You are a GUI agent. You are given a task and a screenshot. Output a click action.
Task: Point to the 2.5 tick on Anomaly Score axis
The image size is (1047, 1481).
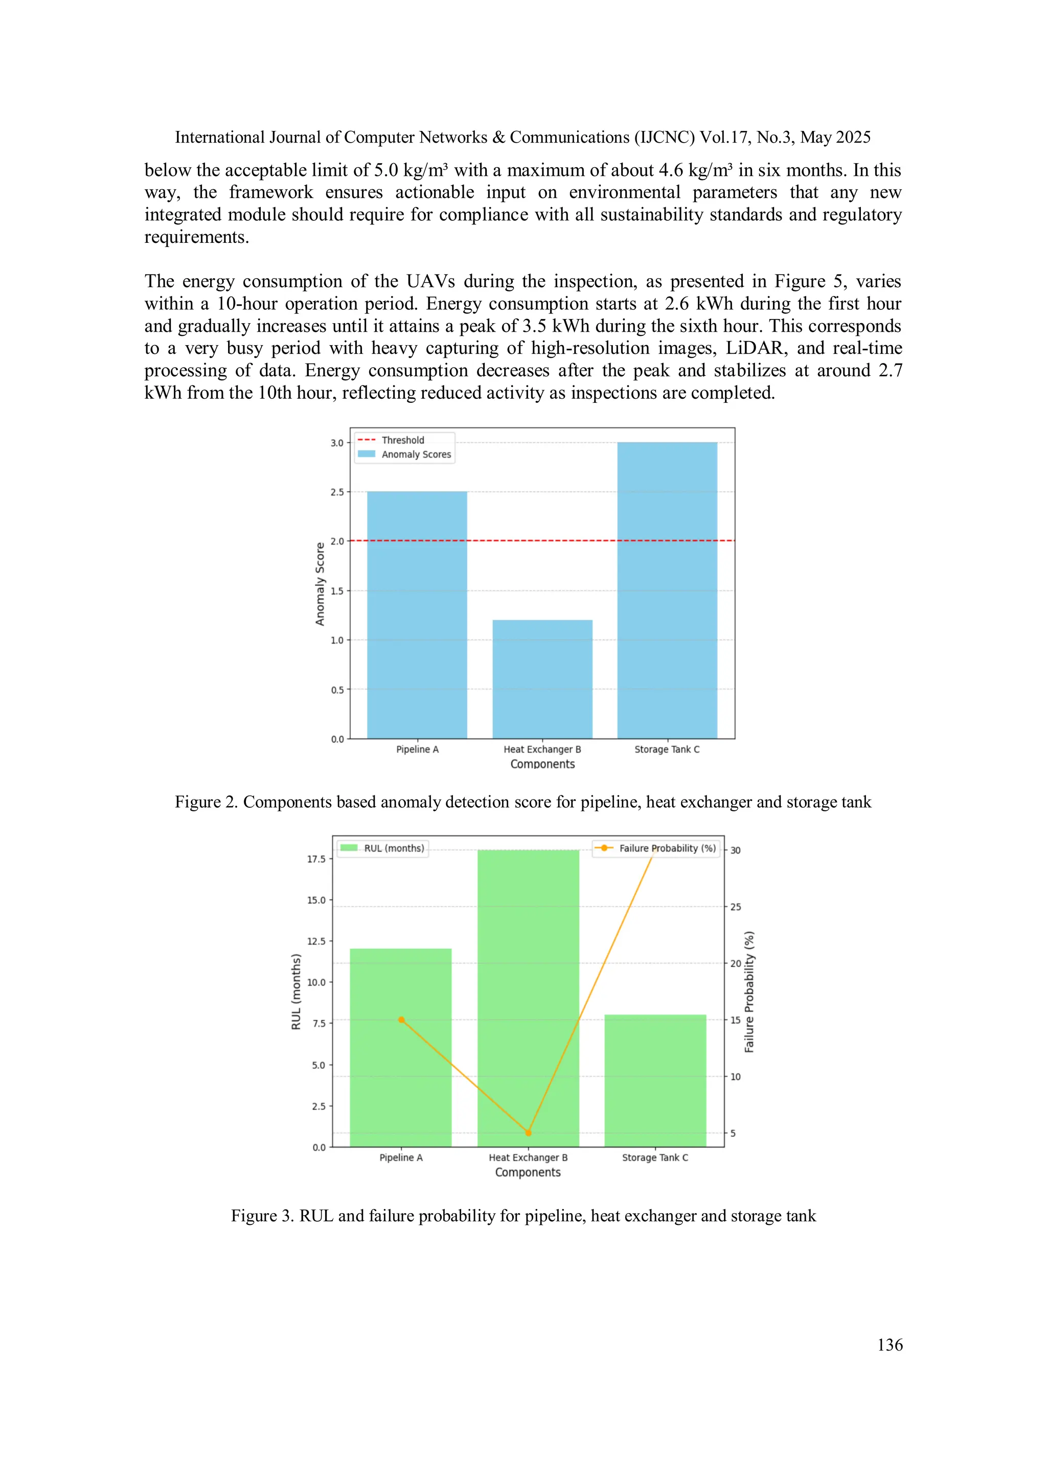pos(337,492)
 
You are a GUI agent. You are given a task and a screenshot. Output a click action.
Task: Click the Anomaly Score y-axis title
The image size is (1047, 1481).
pos(320,584)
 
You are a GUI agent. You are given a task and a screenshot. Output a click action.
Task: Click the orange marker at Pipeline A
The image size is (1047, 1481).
pos(401,1020)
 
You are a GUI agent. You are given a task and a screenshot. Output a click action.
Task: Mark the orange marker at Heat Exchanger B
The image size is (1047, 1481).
pos(528,1133)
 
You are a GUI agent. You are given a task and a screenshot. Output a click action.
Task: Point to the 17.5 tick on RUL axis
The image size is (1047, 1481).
pos(316,859)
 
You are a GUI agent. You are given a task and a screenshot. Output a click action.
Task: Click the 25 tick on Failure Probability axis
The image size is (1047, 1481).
pos(736,907)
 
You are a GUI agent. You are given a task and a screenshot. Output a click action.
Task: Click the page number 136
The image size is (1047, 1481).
pos(890,1345)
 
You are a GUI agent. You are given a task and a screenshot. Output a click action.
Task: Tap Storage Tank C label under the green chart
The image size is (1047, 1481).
pos(655,1157)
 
